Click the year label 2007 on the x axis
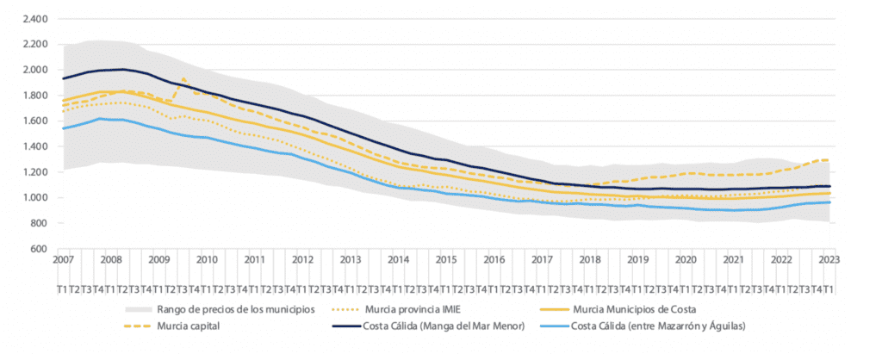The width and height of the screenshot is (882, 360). tap(63, 258)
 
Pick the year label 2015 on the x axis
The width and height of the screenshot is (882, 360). tap(445, 258)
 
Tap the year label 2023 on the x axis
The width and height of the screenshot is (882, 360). tap(829, 258)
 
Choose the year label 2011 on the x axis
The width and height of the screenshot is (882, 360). tap(254, 258)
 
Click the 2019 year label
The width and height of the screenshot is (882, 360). tap(637, 258)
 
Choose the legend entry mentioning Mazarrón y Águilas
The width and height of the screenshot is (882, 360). tap(660, 326)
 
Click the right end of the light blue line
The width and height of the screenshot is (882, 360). tap(829, 202)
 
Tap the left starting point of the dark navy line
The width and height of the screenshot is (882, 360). tap(63, 78)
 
